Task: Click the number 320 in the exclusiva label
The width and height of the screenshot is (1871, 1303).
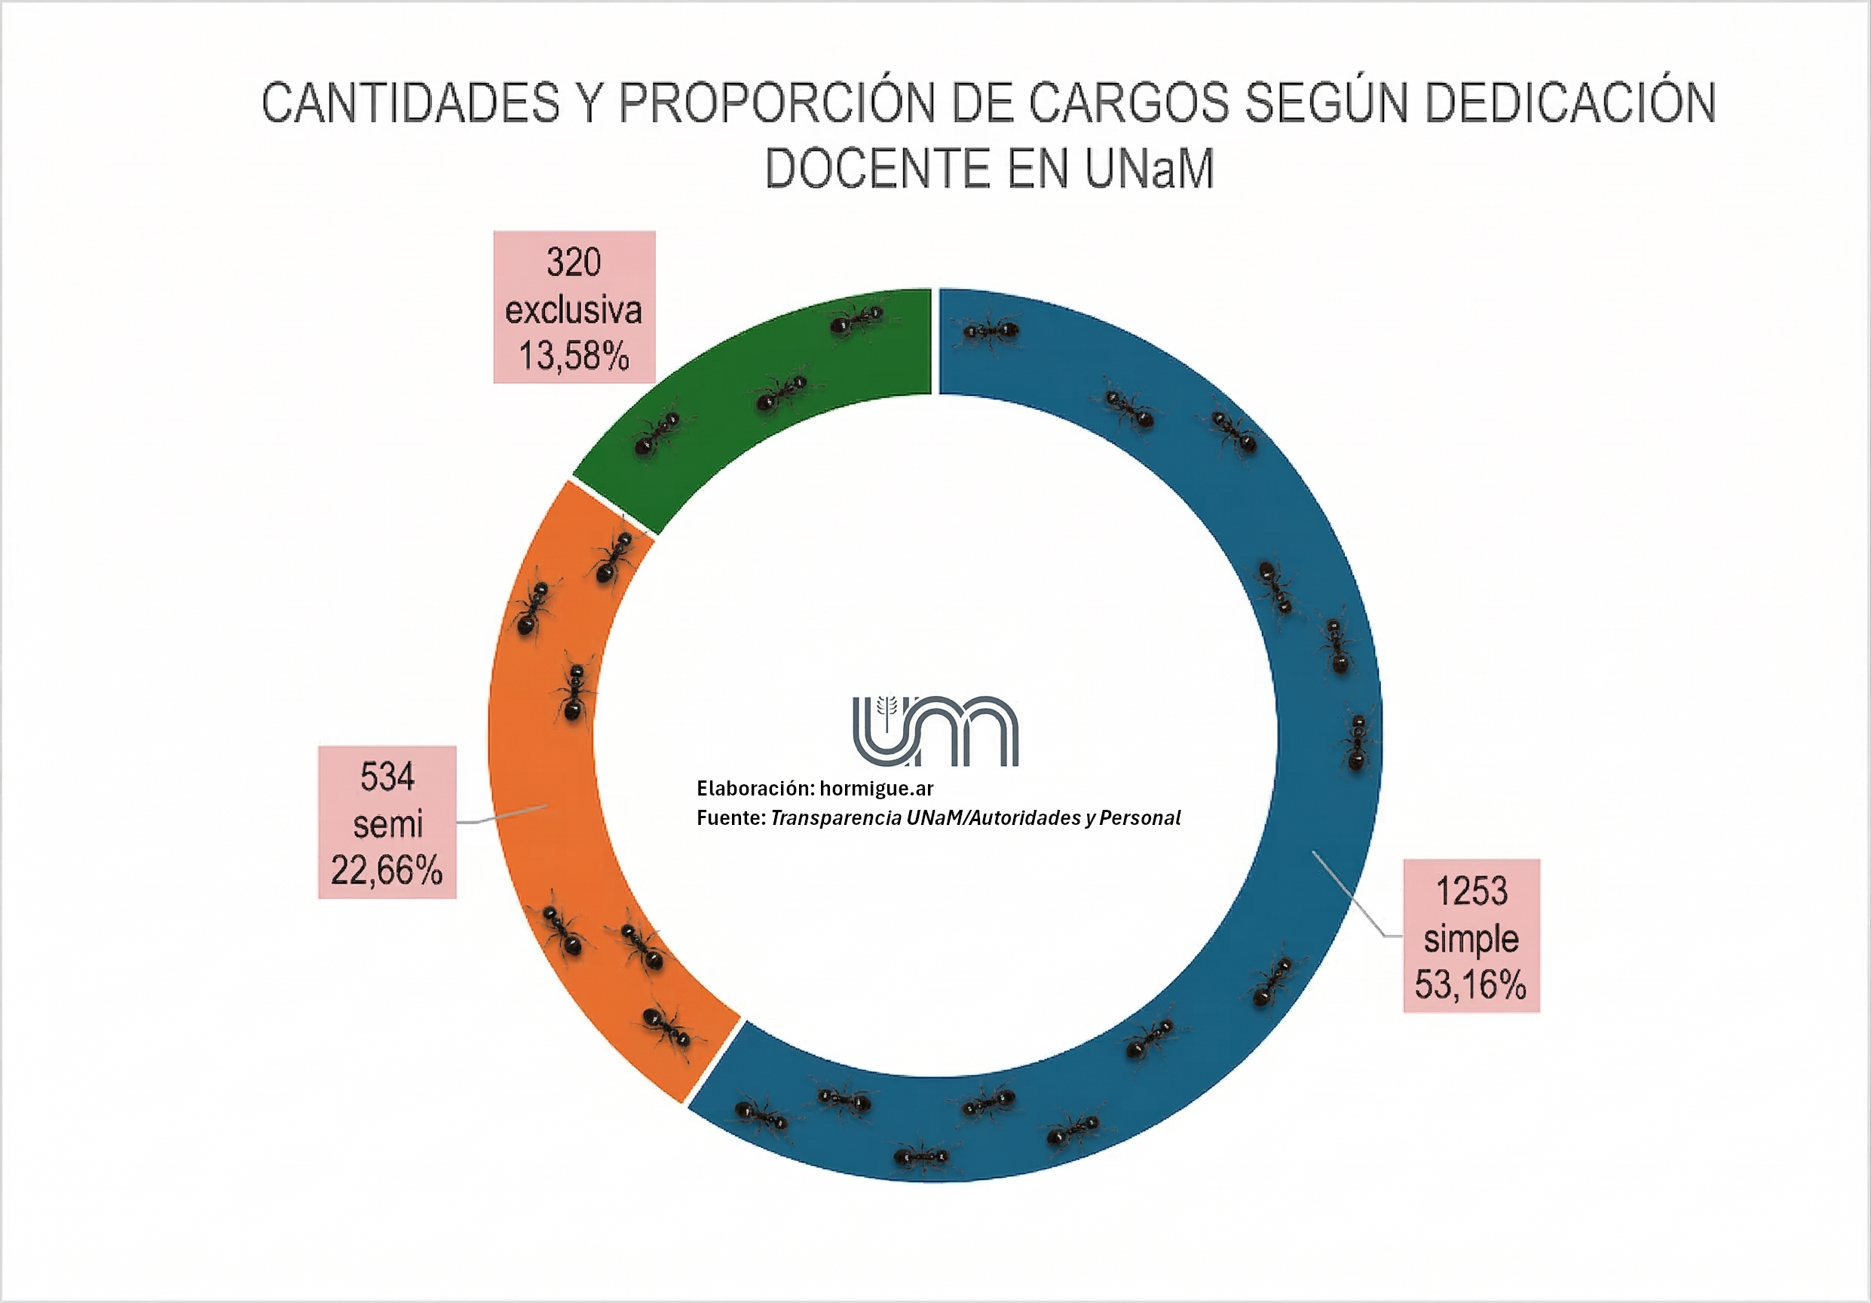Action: (x=574, y=262)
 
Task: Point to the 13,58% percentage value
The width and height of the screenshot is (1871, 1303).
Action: (x=574, y=356)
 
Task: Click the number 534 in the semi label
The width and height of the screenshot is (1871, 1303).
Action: (x=387, y=777)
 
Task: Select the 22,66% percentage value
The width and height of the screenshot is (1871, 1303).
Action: (x=386, y=870)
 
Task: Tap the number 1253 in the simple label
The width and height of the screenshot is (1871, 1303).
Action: (x=1471, y=891)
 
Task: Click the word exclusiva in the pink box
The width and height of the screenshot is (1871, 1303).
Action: (x=574, y=311)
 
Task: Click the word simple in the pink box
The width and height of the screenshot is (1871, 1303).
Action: (x=1471, y=939)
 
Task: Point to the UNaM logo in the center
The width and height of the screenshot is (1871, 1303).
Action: (x=935, y=730)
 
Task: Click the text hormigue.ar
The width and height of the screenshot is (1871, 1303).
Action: (x=876, y=788)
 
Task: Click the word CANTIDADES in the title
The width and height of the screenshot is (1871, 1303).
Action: (x=411, y=103)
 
